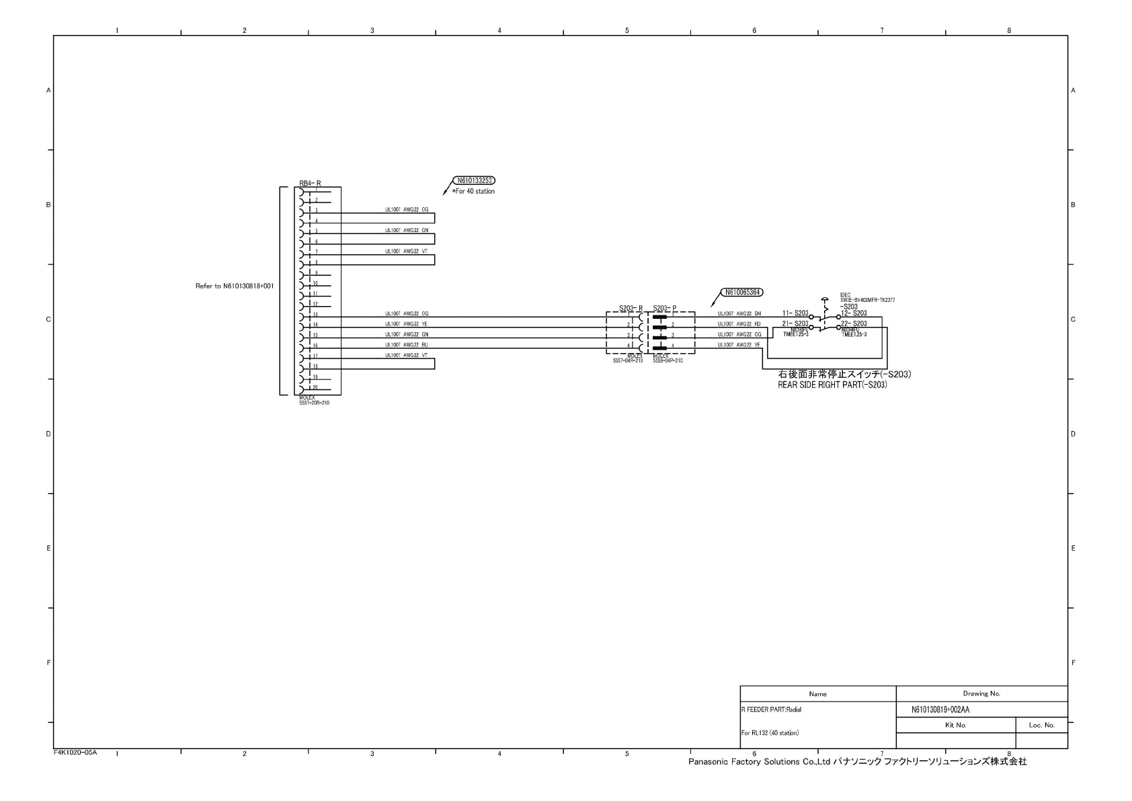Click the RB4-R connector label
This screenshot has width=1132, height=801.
point(310,183)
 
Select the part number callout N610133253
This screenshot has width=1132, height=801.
point(475,180)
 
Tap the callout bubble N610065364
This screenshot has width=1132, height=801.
point(741,292)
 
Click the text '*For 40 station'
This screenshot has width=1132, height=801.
point(475,192)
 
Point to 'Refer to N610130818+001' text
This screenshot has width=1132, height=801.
point(235,286)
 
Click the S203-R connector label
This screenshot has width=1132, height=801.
point(631,308)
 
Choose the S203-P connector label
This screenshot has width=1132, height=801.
point(664,308)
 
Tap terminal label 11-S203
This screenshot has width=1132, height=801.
point(795,313)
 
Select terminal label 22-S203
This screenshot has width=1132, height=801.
point(854,323)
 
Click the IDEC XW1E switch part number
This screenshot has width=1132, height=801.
point(867,300)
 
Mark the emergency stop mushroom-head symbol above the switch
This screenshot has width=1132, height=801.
point(825,301)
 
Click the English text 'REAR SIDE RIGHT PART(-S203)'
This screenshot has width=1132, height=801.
point(832,385)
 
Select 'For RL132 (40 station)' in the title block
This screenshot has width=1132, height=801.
point(770,733)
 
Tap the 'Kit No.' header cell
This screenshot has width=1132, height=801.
point(955,725)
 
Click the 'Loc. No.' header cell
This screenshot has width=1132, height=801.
point(1041,725)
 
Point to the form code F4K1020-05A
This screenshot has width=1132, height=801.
point(75,752)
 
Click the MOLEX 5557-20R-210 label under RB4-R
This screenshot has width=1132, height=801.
point(314,400)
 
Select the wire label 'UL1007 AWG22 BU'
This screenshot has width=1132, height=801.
point(406,345)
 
